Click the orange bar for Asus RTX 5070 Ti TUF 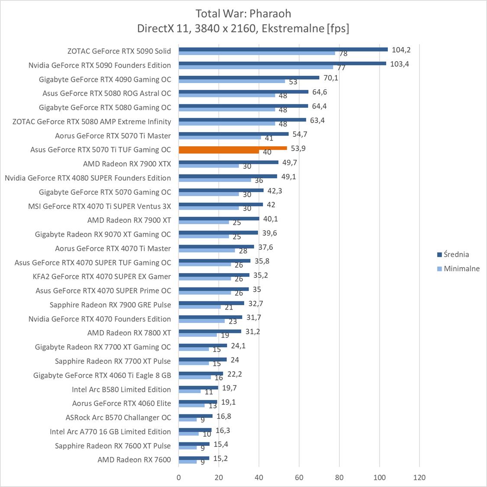click(232, 148)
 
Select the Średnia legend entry click(456, 255)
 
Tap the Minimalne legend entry click(461, 268)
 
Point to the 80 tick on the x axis click(339, 477)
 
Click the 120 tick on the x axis click(419, 477)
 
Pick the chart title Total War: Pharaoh click(243, 13)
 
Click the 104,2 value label click(401, 50)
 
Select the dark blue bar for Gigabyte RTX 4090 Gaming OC click(249, 77)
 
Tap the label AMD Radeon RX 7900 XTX click(127, 164)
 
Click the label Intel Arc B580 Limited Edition click(121, 389)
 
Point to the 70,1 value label click(330, 78)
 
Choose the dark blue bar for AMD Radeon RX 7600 click(194, 458)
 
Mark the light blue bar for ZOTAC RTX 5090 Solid click(257, 53)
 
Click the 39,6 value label click(269, 233)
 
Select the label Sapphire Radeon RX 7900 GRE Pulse click(110, 305)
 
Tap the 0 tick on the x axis click(179, 477)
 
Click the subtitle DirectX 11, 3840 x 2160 click(243, 29)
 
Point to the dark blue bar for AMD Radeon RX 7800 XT click(210, 331)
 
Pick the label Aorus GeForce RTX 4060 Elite click(121, 403)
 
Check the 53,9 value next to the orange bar click(298, 148)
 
